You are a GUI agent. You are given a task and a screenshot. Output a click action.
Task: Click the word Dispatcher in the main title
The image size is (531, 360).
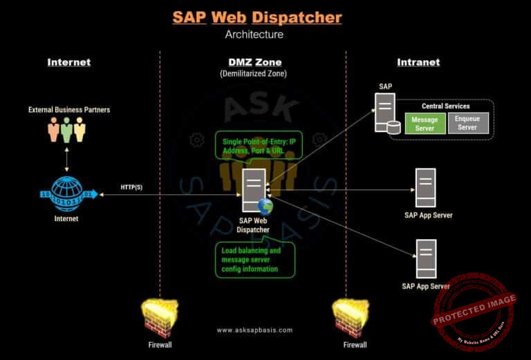tap(297, 17)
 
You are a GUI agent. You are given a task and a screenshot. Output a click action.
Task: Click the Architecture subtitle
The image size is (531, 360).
tap(254, 34)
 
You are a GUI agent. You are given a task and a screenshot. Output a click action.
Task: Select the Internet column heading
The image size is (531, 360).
tap(68, 62)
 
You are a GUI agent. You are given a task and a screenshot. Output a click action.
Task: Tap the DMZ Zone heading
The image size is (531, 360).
tap(253, 62)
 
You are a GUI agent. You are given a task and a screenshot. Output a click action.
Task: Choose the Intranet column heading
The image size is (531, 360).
tap(418, 62)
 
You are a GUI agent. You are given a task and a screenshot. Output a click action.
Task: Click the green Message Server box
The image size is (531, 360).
tap(425, 124)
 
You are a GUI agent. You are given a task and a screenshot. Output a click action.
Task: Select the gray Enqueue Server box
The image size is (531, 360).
tap(467, 123)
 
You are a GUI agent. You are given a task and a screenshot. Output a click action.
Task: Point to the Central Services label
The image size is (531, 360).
tap(445, 106)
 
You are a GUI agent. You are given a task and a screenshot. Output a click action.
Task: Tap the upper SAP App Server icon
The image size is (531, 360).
tap(425, 187)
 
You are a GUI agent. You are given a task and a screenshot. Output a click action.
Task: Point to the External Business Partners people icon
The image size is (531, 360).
tap(67, 129)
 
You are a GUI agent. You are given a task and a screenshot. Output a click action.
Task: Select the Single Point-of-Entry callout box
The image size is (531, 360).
tap(258, 146)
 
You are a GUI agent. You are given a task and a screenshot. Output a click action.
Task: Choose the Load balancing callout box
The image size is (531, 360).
tap(254, 259)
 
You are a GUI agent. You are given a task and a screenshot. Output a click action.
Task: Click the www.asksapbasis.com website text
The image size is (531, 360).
tap(254, 330)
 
